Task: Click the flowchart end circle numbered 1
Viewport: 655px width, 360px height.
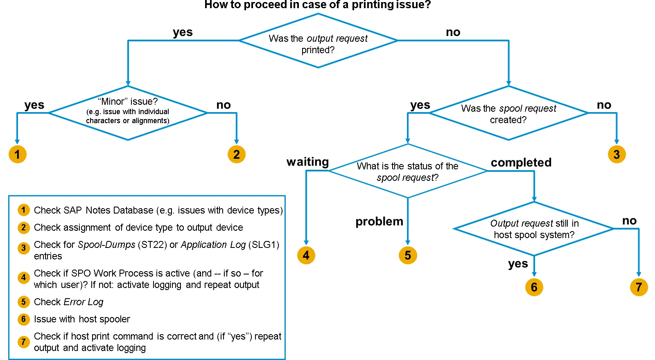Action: click(x=17, y=154)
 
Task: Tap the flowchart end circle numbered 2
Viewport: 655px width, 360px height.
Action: click(x=236, y=154)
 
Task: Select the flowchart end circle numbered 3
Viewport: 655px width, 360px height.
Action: click(x=617, y=154)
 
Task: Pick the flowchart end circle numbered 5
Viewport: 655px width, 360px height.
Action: click(x=408, y=255)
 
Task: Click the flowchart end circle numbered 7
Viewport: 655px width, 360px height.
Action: click(x=639, y=287)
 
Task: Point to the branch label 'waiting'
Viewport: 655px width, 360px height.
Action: click(x=307, y=162)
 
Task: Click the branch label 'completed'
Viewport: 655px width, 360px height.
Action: click(x=521, y=162)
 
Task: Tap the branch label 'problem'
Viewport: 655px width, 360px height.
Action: click(x=379, y=221)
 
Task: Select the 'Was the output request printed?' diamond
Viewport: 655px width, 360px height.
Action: click(x=318, y=41)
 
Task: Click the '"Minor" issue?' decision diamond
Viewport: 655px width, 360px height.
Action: click(x=128, y=112)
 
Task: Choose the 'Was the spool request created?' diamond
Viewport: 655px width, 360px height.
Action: click(x=508, y=113)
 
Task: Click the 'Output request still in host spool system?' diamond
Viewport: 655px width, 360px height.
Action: click(x=534, y=229)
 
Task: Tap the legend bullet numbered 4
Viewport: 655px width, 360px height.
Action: click(x=23, y=278)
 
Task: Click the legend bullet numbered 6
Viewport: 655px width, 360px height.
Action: click(x=23, y=319)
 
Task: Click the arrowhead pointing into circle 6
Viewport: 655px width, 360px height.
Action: click(x=534, y=274)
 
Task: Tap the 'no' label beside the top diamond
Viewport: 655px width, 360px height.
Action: click(x=453, y=32)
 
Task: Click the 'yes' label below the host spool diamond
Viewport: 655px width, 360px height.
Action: click(x=518, y=264)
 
